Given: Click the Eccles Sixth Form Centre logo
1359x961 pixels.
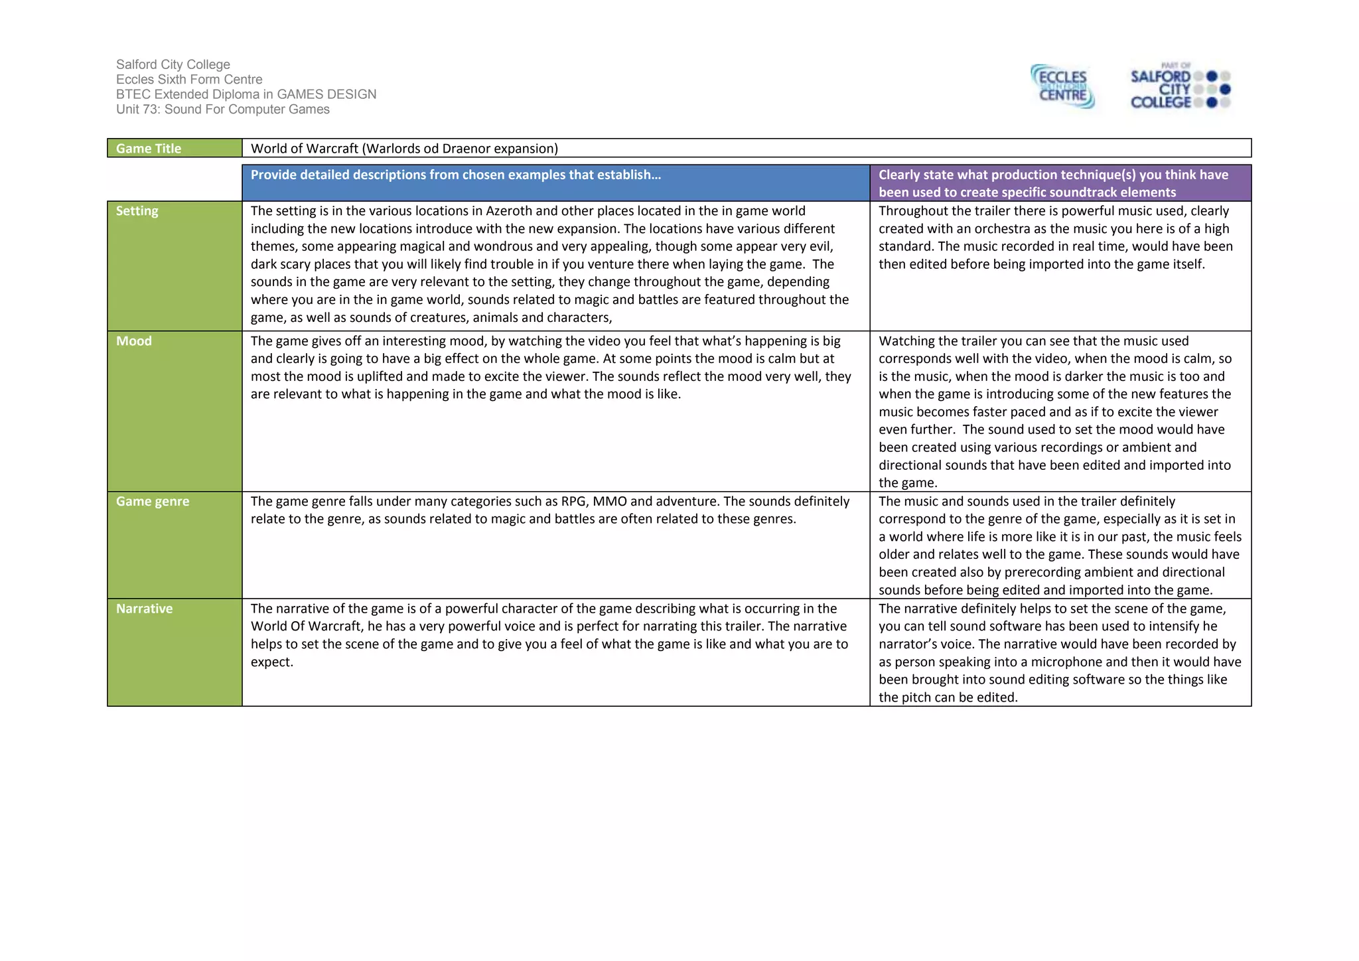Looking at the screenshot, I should point(1062,86).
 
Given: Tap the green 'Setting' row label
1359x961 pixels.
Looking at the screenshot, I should point(137,211).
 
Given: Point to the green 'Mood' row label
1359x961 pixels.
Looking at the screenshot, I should point(134,341).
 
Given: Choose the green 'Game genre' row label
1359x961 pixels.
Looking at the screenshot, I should point(153,502).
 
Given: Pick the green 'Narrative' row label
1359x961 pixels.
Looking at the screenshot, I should point(144,609).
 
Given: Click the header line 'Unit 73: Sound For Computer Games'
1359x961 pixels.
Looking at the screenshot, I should point(223,110).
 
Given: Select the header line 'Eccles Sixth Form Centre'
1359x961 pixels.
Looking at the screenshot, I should point(189,80).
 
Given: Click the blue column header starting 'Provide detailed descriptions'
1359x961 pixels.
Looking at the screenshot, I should point(456,175).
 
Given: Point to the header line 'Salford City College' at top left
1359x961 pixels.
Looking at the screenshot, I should point(173,64).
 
